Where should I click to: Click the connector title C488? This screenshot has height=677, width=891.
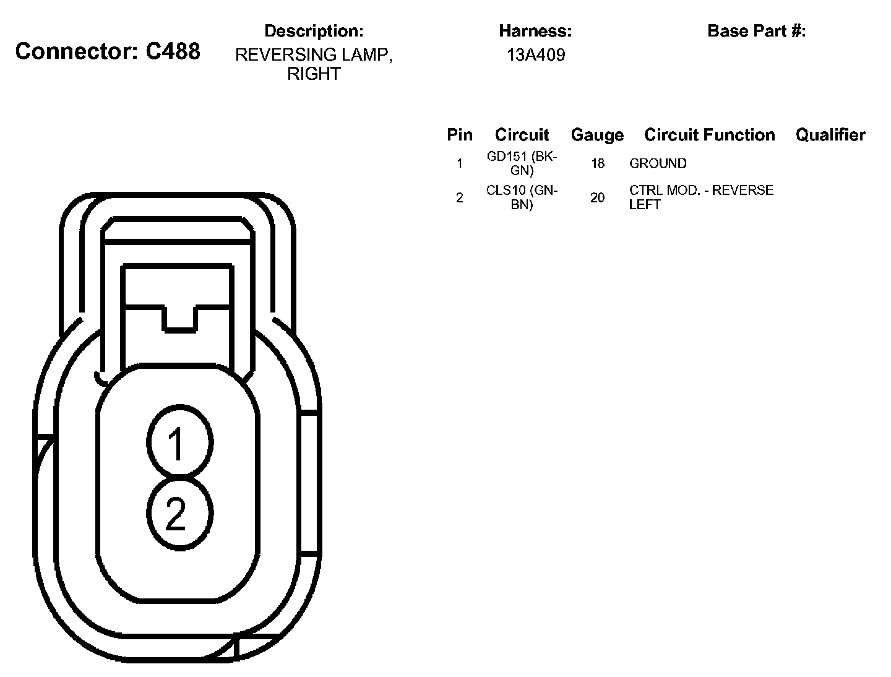tap(108, 51)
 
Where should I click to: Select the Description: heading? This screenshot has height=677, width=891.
tap(314, 31)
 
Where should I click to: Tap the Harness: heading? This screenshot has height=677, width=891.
tap(535, 31)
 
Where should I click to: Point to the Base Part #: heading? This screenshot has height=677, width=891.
tap(756, 31)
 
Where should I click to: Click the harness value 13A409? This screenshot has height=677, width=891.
tap(535, 55)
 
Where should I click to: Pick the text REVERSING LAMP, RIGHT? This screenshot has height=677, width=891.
tap(314, 64)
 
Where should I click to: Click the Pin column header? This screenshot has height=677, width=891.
tap(459, 135)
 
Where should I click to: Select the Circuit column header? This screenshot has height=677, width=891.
tap(522, 135)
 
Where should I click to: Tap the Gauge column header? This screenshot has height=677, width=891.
tap(597, 135)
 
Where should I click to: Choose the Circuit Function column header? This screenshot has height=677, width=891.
tap(709, 135)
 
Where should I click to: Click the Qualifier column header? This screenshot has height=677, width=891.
tap(830, 135)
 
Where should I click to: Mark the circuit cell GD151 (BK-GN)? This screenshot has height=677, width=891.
tap(522, 163)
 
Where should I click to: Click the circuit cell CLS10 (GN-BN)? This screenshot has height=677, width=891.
tap(522, 197)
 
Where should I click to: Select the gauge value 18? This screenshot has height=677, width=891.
tap(597, 163)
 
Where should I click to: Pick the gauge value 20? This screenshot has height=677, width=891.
tap(597, 198)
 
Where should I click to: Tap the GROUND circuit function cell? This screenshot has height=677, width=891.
tap(658, 163)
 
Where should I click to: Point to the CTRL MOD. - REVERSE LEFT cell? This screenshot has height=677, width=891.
tap(701, 197)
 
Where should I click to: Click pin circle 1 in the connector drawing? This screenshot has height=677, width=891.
tap(180, 442)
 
